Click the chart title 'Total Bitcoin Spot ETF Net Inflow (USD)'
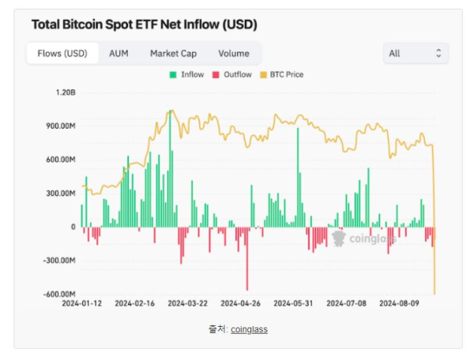coord(144,24)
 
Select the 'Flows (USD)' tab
coord(62,54)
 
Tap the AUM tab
coord(118,54)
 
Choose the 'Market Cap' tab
coord(173,54)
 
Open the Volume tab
coord(233,54)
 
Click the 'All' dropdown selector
coord(415,54)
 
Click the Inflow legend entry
coord(186,75)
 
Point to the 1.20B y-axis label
coord(66,92)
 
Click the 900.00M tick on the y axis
coord(60,126)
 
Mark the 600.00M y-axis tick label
coord(60,159)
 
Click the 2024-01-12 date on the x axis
coord(81,302)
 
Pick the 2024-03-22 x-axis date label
coord(187,302)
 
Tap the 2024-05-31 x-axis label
coord(294,302)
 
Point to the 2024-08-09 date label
coord(400,302)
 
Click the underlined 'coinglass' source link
coord(249,328)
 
